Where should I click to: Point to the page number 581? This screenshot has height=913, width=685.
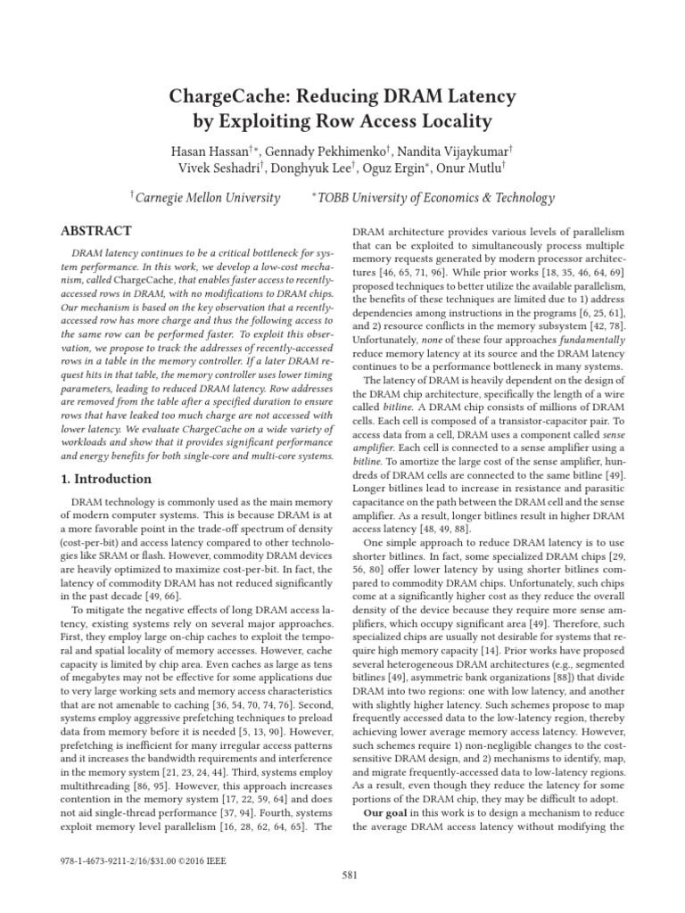pos(350,875)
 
